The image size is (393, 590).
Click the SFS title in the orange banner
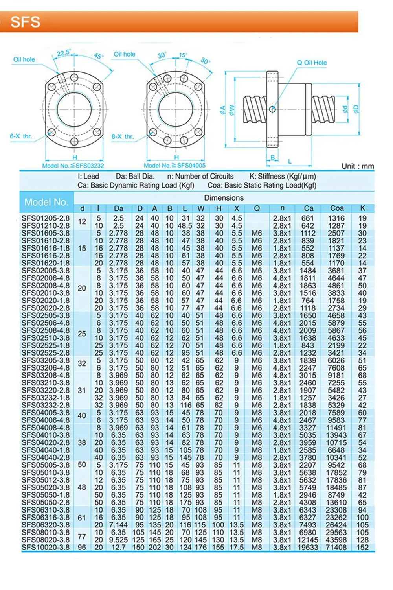25,22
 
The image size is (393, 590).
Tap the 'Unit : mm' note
357,166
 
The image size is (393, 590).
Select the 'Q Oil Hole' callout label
311,63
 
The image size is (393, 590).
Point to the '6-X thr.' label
21,136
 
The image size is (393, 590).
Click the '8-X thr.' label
123,136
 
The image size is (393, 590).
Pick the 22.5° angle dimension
63,53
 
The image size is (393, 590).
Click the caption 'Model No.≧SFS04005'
174,166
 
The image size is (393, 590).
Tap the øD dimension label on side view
356,109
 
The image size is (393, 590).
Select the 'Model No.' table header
46,202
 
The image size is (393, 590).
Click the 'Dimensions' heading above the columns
224,198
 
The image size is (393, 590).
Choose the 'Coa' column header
337,208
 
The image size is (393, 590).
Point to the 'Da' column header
118,208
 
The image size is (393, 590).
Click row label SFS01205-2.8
45,218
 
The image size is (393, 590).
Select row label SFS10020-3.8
45,547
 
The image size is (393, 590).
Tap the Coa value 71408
336,547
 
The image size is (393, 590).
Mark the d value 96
82,547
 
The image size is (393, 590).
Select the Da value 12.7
118,547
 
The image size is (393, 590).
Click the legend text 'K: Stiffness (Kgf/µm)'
283,177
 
